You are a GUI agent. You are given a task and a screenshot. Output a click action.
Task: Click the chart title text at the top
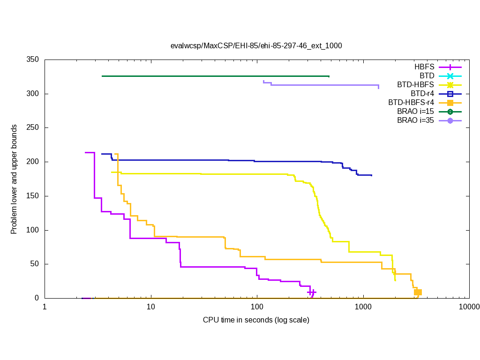(x=256, y=46)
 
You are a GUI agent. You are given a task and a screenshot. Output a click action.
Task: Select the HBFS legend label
(x=424, y=67)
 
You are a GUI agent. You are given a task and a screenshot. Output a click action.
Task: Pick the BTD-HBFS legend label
(x=416, y=85)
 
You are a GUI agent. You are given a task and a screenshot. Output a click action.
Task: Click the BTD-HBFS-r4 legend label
(x=411, y=103)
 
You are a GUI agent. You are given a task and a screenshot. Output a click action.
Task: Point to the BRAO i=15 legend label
(x=415, y=112)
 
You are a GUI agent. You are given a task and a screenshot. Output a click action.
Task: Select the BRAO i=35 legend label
(x=415, y=120)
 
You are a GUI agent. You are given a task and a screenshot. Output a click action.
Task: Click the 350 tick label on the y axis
(x=33, y=60)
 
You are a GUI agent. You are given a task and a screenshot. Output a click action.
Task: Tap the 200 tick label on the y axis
(x=33, y=162)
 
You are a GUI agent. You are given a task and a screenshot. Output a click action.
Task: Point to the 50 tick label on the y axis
(x=35, y=264)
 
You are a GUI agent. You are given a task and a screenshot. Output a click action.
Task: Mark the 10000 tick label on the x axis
(x=469, y=307)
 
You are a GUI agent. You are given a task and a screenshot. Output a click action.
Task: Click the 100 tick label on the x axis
(x=257, y=307)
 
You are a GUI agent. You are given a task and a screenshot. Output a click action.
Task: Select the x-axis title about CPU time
(x=256, y=320)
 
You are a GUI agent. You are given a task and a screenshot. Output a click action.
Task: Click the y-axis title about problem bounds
(x=15, y=180)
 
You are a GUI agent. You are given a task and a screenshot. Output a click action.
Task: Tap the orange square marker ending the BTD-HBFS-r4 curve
(x=418, y=292)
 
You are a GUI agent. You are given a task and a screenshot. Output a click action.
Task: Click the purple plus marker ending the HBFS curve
(x=312, y=292)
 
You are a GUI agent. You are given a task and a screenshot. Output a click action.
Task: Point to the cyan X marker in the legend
(x=450, y=76)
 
